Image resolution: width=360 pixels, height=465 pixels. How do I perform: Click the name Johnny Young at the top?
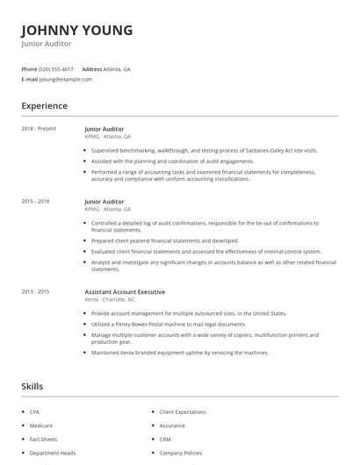[77, 30]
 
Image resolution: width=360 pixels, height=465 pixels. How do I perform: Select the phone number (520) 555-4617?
[56, 68]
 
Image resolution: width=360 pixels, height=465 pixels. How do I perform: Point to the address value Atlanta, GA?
[117, 68]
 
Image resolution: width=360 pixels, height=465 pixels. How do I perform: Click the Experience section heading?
[44, 106]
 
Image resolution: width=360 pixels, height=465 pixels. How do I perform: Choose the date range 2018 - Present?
[39, 129]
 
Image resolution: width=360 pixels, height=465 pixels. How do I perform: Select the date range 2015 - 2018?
[35, 201]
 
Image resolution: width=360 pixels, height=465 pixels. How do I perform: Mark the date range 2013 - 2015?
[35, 291]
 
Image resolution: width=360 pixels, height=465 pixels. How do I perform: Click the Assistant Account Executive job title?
[125, 291]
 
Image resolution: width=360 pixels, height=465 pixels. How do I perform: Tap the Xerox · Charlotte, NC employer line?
[110, 299]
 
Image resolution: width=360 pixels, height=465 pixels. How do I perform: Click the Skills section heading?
[32, 386]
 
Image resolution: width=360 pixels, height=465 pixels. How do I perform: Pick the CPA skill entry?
[34, 411]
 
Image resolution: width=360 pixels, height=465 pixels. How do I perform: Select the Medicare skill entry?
[40, 426]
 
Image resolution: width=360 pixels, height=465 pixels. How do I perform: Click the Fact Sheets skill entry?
[43, 439]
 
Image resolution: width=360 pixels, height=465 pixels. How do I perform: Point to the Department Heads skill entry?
[52, 453]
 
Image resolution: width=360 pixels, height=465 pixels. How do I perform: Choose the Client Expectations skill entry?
[183, 411]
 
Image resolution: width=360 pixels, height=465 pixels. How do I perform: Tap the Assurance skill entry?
[172, 426]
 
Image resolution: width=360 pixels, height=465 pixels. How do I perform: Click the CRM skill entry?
[165, 439]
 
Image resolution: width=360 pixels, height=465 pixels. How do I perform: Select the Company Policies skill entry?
[181, 453]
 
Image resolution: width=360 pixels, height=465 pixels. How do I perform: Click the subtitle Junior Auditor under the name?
[47, 44]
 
